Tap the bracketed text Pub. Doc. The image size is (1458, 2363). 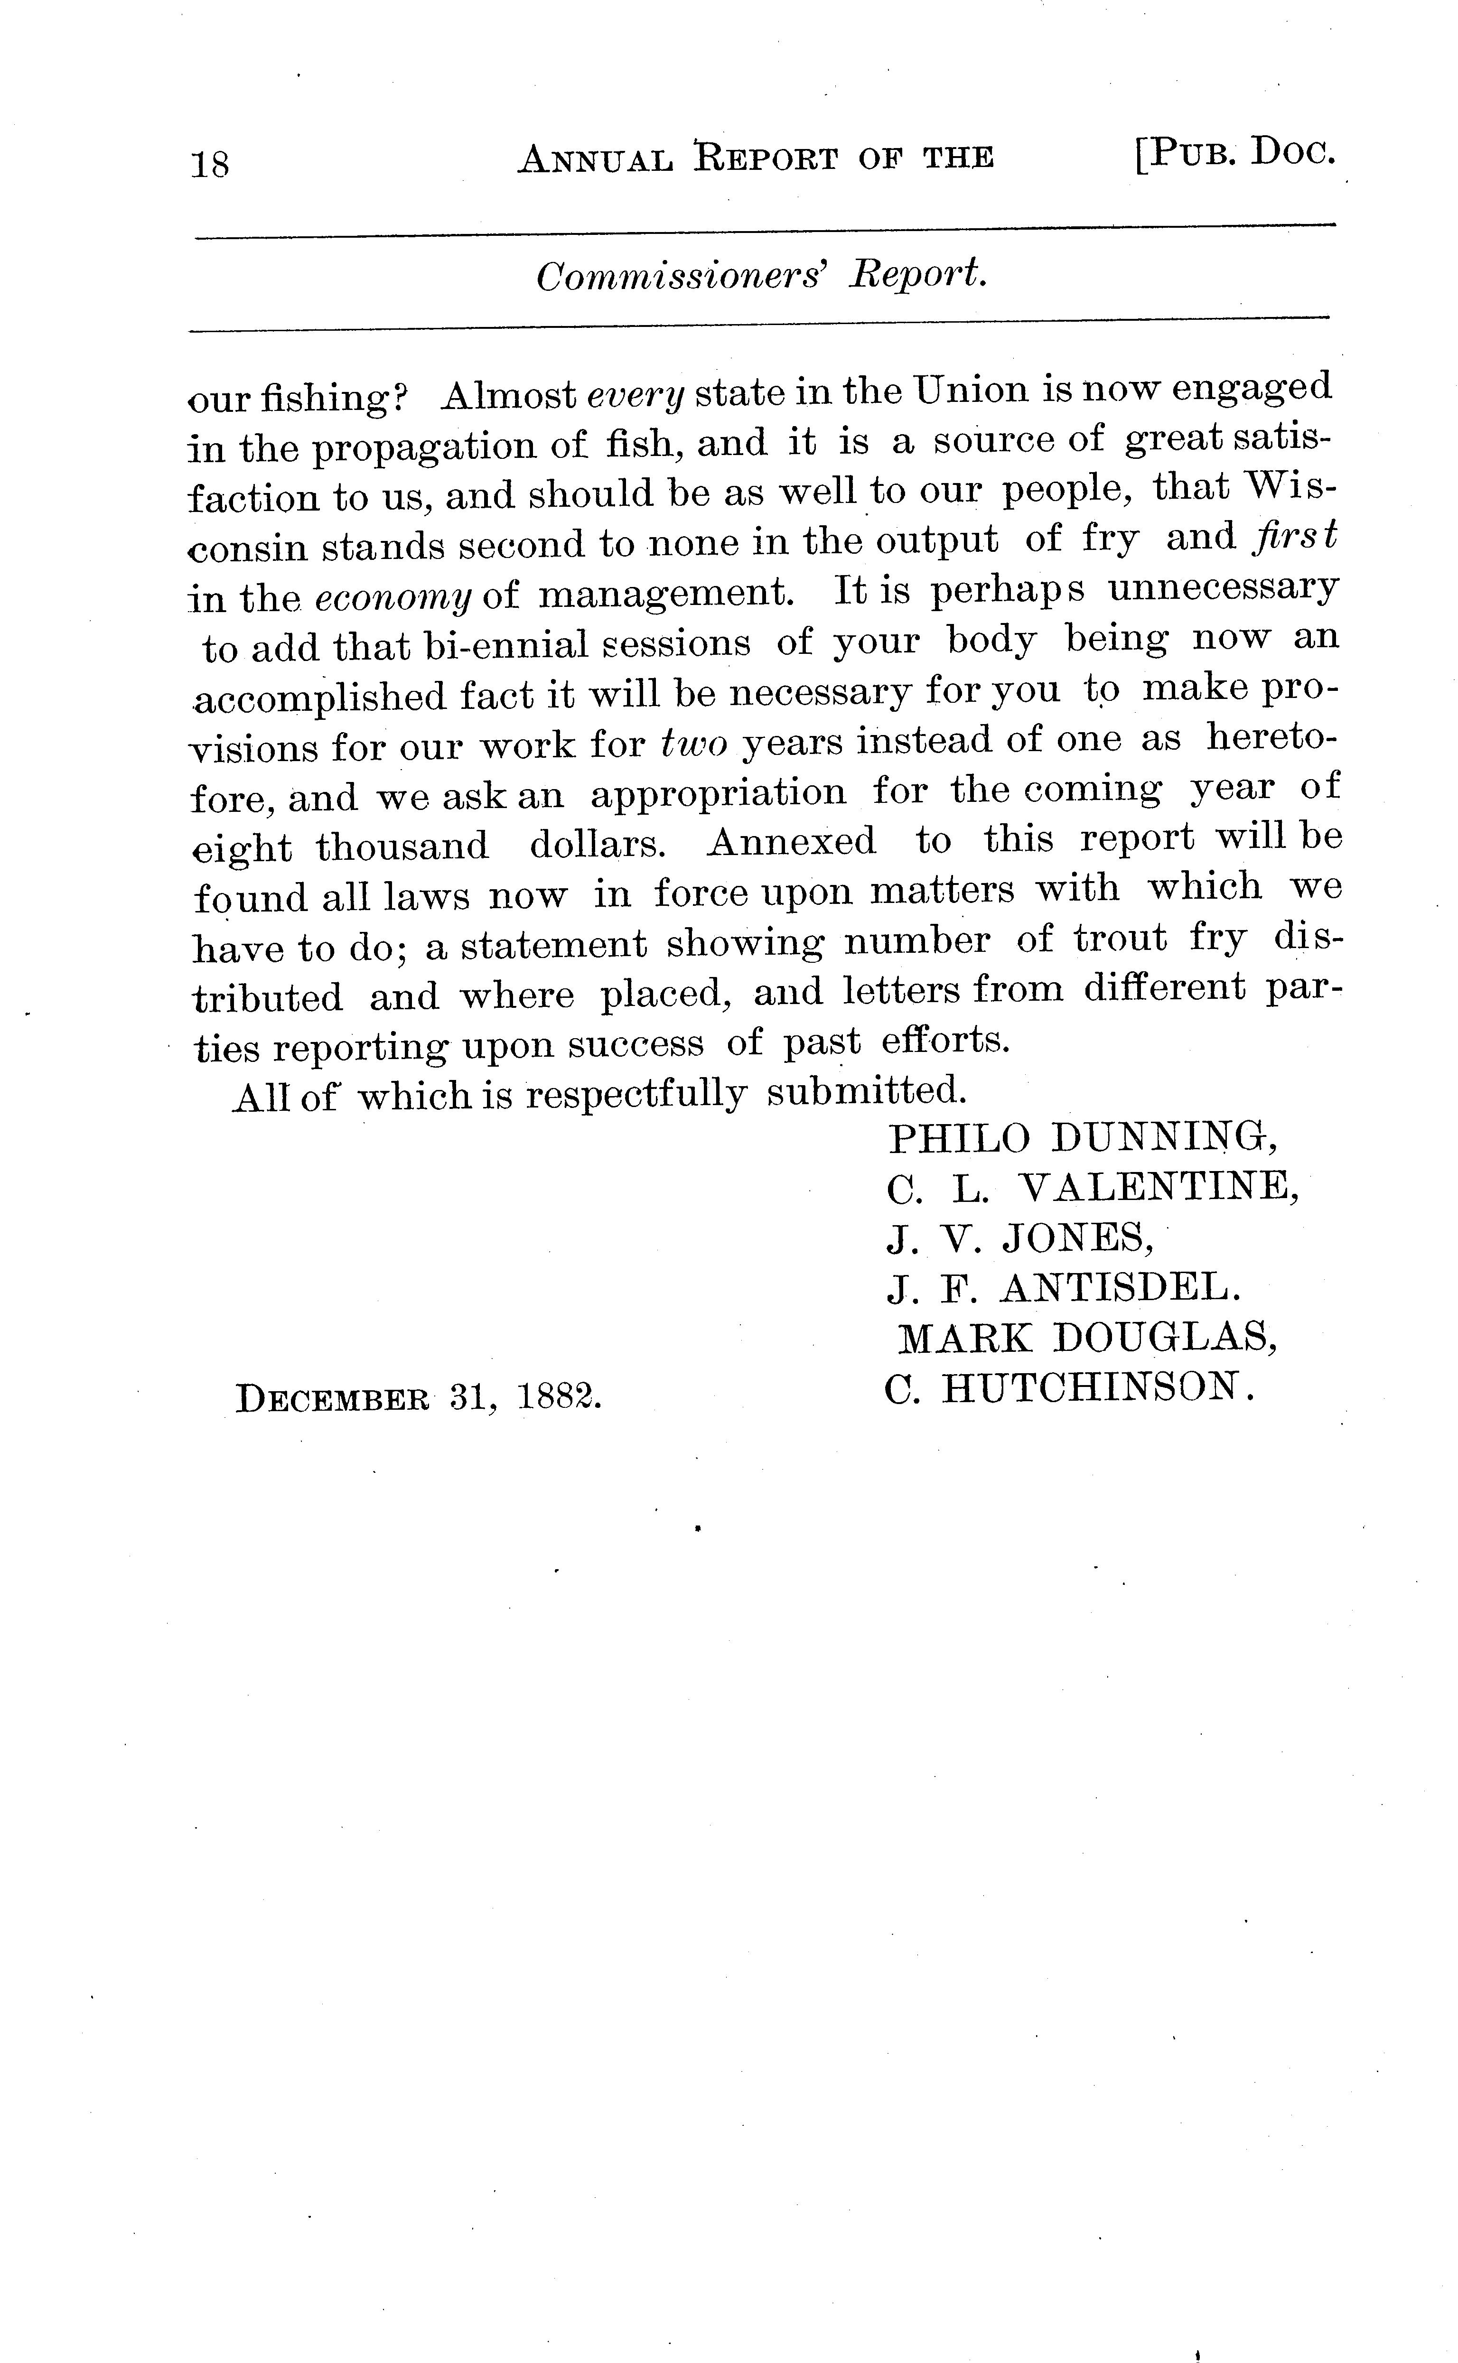(1234, 154)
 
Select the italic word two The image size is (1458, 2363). (694, 743)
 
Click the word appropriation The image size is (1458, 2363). (719, 792)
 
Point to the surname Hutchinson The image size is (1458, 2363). (1097, 1388)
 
